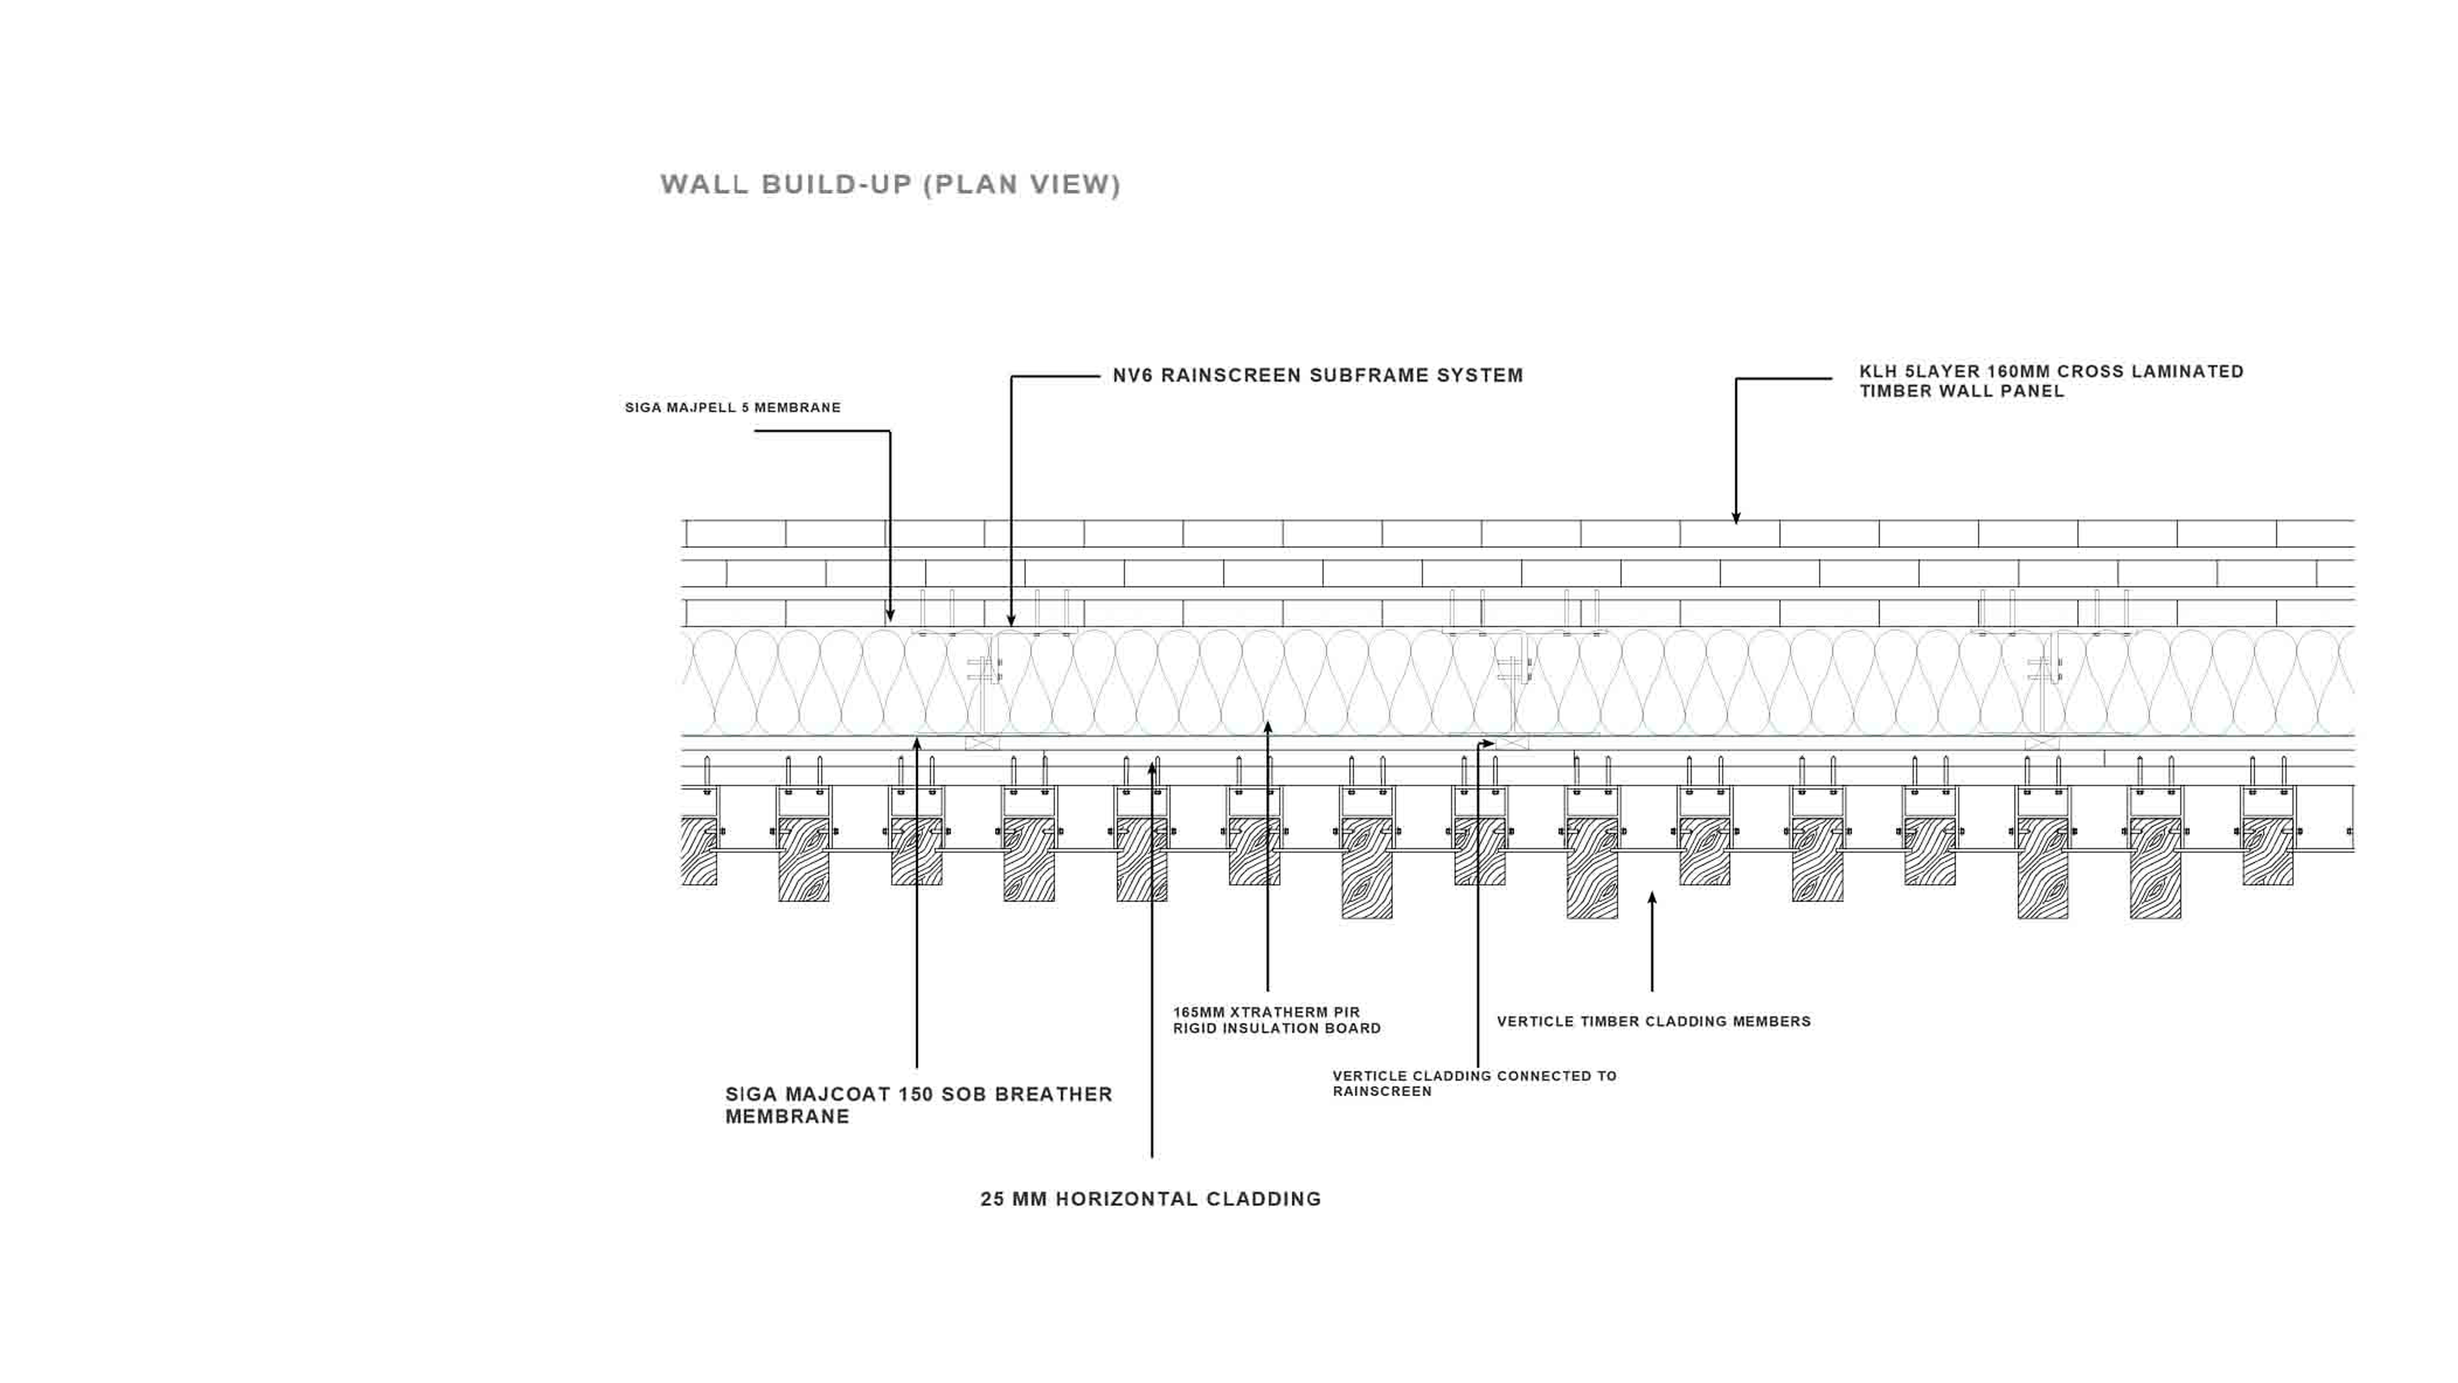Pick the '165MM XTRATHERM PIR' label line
coord(1266,1012)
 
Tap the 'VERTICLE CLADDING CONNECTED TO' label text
coord(1474,1076)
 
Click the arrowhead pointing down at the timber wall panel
coord(1736,518)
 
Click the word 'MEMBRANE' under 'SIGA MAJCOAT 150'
coord(787,1117)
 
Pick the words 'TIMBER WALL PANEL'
coord(1962,391)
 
